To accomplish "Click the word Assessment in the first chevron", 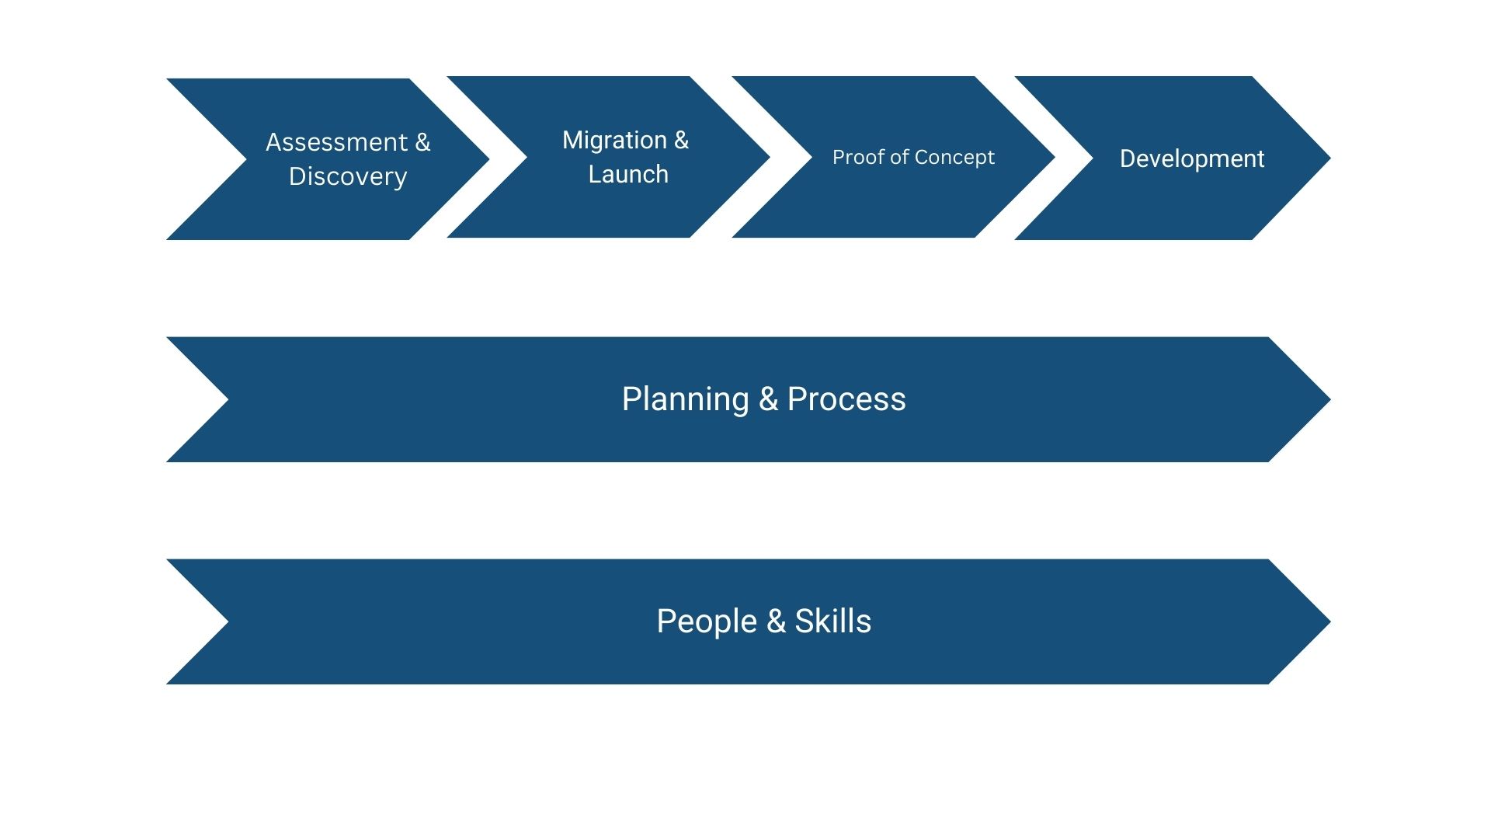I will point(336,142).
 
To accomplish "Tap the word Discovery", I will point(348,176).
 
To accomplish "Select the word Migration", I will point(614,140).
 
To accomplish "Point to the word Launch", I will point(628,174).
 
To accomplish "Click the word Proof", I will point(857,157).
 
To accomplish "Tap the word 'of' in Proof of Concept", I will point(899,157).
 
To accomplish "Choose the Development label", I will point(1192,158).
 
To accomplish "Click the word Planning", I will point(685,399).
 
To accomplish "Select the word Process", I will point(846,399).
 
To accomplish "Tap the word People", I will point(707,621).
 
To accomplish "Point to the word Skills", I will point(833,621).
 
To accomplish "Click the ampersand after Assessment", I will point(422,142).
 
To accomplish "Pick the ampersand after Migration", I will point(681,140).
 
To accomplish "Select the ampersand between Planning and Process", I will point(768,399).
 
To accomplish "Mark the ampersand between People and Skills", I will point(776,621).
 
